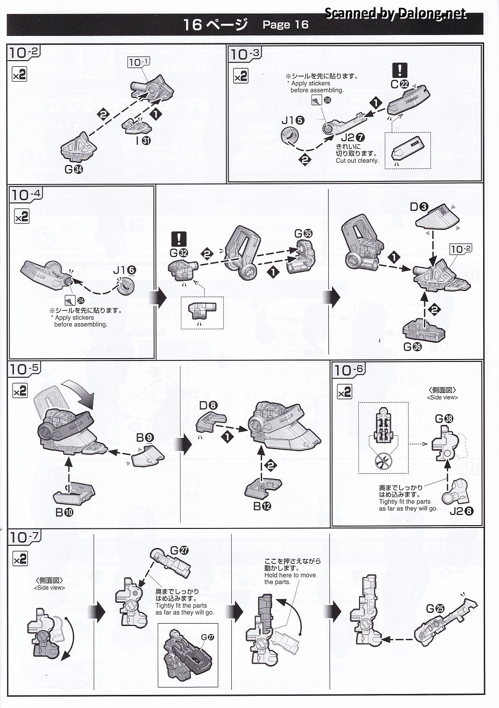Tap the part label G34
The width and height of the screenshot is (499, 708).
click(74, 170)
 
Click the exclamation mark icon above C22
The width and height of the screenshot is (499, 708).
click(400, 70)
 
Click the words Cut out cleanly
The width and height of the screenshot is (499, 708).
click(357, 161)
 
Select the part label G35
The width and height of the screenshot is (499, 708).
click(304, 234)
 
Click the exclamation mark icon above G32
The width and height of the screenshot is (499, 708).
click(179, 239)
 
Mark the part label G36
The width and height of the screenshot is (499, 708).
click(412, 347)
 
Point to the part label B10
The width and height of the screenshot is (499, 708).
click(64, 512)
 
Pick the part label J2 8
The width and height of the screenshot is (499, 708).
click(462, 511)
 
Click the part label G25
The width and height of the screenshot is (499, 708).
click(435, 609)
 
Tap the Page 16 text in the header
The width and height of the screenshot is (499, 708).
click(285, 25)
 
